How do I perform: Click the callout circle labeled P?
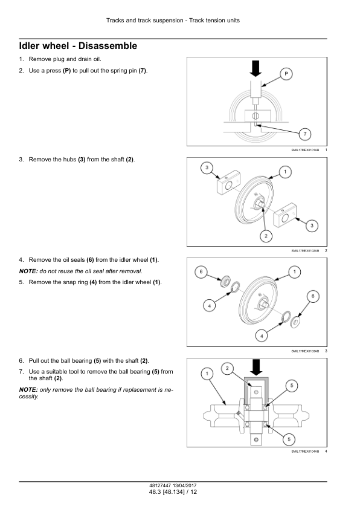click(x=286, y=74)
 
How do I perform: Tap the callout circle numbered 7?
click(x=305, y=134)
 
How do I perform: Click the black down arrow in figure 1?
click(x=256, y=68)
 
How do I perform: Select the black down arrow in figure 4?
click(x=257, y=368)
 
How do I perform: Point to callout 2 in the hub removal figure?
click(x=266, y=236)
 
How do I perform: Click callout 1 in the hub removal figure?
click(x=285, y=172)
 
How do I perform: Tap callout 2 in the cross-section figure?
click(x=227, y=368)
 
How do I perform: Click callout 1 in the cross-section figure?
click(x=207, y=374)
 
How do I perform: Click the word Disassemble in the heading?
click(x=108, y=46)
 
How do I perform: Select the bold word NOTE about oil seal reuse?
click(x=28, y=271)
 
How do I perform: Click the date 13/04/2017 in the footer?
click(x=185, y=485)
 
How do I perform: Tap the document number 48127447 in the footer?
click(x=160, y=485)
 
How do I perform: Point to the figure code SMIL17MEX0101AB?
click(x=305, y=150)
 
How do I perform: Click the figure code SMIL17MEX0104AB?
click(x=305, y=452)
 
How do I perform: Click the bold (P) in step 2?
click(x=67, y=71)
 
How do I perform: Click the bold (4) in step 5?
click(x=93, y=282)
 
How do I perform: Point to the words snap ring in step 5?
click(x=76, y=282)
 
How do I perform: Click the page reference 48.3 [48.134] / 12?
click(x=173, y=492)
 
